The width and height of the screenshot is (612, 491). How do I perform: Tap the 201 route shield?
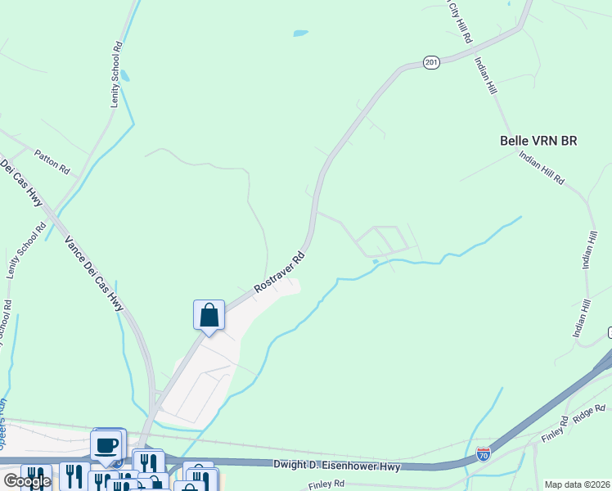[x=432, y=62]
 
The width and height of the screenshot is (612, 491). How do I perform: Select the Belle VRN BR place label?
[x=538, y=141]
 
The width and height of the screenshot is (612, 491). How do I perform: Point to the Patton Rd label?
[x=52, y=161]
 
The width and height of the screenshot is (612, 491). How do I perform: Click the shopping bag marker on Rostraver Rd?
[x=209, y=314]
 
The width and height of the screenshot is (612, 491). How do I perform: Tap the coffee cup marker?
[x=106, y=445]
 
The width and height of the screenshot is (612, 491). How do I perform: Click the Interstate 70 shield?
[x=484, y=451]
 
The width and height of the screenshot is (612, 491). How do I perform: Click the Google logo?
[x=26, y=481]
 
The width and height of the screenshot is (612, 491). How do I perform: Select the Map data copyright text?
[x=578, y=484]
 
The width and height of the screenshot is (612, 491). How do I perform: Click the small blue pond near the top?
[x=300, y=34]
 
